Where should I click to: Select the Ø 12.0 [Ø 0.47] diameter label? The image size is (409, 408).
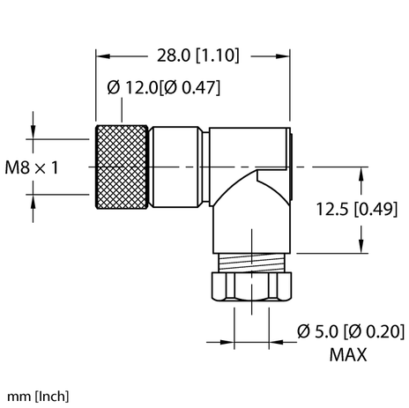(164, 88)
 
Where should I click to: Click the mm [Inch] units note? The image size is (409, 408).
(38, 395)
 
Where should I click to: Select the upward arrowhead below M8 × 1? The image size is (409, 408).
(33, 199)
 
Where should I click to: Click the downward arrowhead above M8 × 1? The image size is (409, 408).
(33, 133)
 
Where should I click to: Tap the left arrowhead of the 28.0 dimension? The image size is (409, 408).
(100, 55)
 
